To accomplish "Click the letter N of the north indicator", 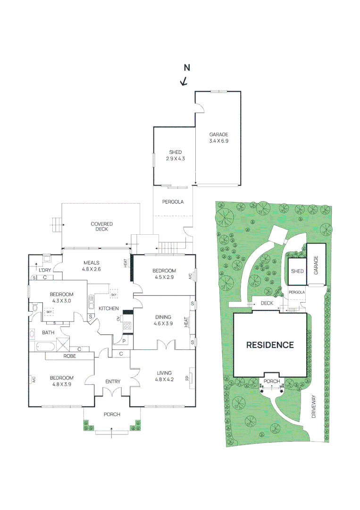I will (x=187, y=68).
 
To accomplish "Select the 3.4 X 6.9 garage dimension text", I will (x=218, y=141).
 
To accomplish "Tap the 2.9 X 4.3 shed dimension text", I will (x=175, y=159).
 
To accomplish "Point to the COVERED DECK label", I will (x=101, y=226).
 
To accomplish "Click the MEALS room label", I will (x=92, y=263).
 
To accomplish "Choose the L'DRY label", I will (x=45, y=270).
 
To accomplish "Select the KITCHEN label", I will (x=109, y=308).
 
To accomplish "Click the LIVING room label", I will (x=164, y=373).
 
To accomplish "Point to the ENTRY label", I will (x=113, y=382).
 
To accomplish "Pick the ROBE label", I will (x=70, y=357).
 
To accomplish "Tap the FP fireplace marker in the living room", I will (x=187, y=378).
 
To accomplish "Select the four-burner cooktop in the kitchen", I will (x=127, y=325).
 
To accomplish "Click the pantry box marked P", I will (x=125, y=341).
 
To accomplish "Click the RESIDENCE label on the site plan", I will (x=270, y=345).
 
